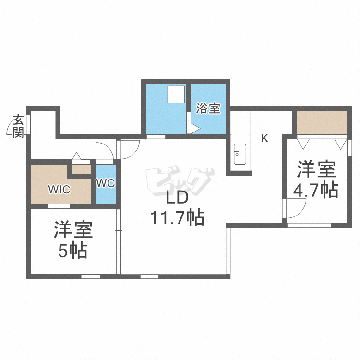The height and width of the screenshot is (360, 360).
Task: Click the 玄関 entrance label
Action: tap(18, 126)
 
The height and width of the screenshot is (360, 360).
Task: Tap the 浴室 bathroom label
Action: tap(208, 108)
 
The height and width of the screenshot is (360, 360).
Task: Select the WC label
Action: tap(106, 183)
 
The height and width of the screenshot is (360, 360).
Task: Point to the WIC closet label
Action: tap(59, 190)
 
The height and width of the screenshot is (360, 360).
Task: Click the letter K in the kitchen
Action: tap(264, 138)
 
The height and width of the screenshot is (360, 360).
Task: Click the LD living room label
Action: tap(177, 198)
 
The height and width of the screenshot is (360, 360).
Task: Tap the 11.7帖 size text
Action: tap(177, 217)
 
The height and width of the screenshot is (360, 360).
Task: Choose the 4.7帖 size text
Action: tap(316, 191)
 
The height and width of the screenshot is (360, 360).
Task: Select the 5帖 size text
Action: tap(72, 251)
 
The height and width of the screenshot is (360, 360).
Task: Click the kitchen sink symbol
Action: tap(240, 154)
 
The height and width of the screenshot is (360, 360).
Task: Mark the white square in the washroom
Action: tap(176, 95)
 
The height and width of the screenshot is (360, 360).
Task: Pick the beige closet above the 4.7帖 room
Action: tap(322, 122)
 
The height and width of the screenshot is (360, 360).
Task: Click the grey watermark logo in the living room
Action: tap(180, 180)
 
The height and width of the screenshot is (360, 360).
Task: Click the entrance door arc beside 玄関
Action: tap(8, 128)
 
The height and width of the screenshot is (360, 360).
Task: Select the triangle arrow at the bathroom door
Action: tap(195, 129)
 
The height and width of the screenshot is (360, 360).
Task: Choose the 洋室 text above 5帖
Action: tap(73, 229)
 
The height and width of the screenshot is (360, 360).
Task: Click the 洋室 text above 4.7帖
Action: tap(316, 169)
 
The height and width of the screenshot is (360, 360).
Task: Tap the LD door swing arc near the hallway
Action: tap(134, 152)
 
